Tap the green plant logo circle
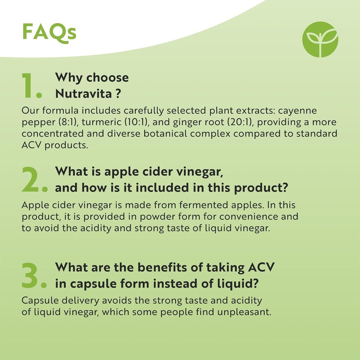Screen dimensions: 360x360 pyautogui.click(x=320, y=39)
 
